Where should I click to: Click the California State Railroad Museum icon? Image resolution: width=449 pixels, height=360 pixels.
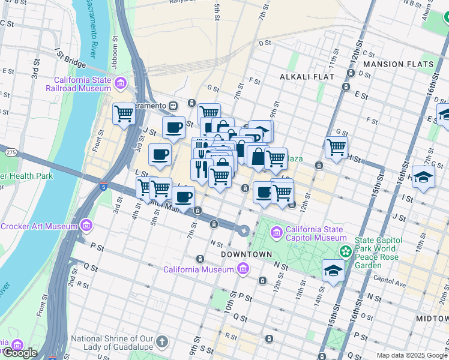pos(121,82)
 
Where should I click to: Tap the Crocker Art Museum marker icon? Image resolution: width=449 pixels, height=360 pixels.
pos(86,226)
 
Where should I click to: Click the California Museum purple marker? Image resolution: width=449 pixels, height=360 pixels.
pos(243,269)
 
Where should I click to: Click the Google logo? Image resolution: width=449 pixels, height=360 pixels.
pos(19,353)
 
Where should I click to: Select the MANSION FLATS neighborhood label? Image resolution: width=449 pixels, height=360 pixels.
pos(399,64)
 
